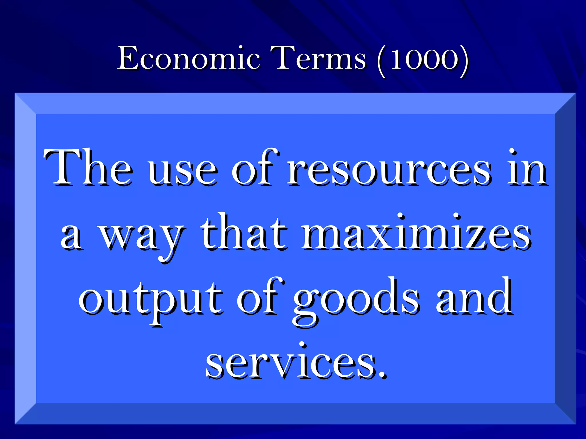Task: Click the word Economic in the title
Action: pyautogui.click(x=189, y=58)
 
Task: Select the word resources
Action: pyautogui.click(x=389, y=171)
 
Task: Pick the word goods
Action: pyautogui.click(x=356, y=302)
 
